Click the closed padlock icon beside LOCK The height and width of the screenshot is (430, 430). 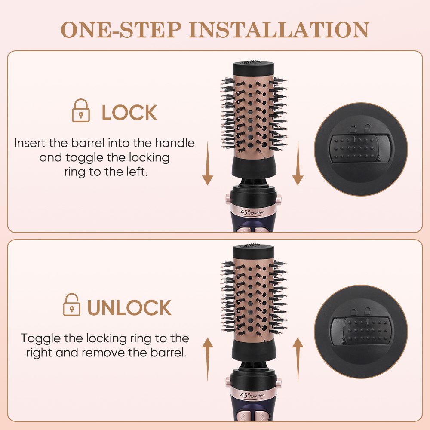click(80, 111)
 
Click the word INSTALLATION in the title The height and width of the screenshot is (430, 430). click(278, 29)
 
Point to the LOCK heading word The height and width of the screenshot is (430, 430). click(129, 113)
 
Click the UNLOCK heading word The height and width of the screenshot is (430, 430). click(129, 308)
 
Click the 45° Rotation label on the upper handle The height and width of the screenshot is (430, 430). click(252, 212)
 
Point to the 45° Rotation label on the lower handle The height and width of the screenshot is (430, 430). click(252, 394)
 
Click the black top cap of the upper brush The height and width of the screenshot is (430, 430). click(254, 69)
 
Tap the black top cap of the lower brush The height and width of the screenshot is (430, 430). click(254, 252)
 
